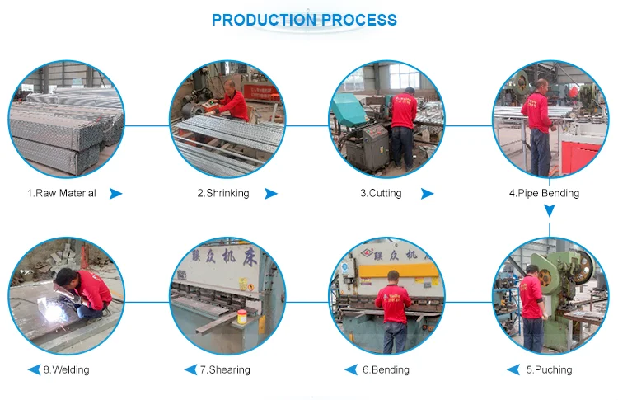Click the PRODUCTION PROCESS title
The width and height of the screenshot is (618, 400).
tap(304, 20)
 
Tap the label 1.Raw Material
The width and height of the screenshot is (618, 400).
tap(61, 193)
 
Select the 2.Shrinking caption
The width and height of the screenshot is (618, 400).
tap(222, 193)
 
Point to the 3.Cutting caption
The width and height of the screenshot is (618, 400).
tap(381, 193)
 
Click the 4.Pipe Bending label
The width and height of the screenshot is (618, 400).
tap(544, 193)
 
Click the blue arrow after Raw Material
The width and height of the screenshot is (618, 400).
tap(115, 194)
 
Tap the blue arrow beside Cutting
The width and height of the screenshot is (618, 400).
tap(427, 194)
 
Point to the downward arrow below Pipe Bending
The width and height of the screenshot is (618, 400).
tap(548, 211)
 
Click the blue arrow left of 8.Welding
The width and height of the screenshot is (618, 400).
tap(34, 369)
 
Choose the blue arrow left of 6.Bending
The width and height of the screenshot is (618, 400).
tap(354, 369)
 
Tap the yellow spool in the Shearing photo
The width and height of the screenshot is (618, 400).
tap(241, 318)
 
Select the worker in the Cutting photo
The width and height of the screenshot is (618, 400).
tap(403, 124)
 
